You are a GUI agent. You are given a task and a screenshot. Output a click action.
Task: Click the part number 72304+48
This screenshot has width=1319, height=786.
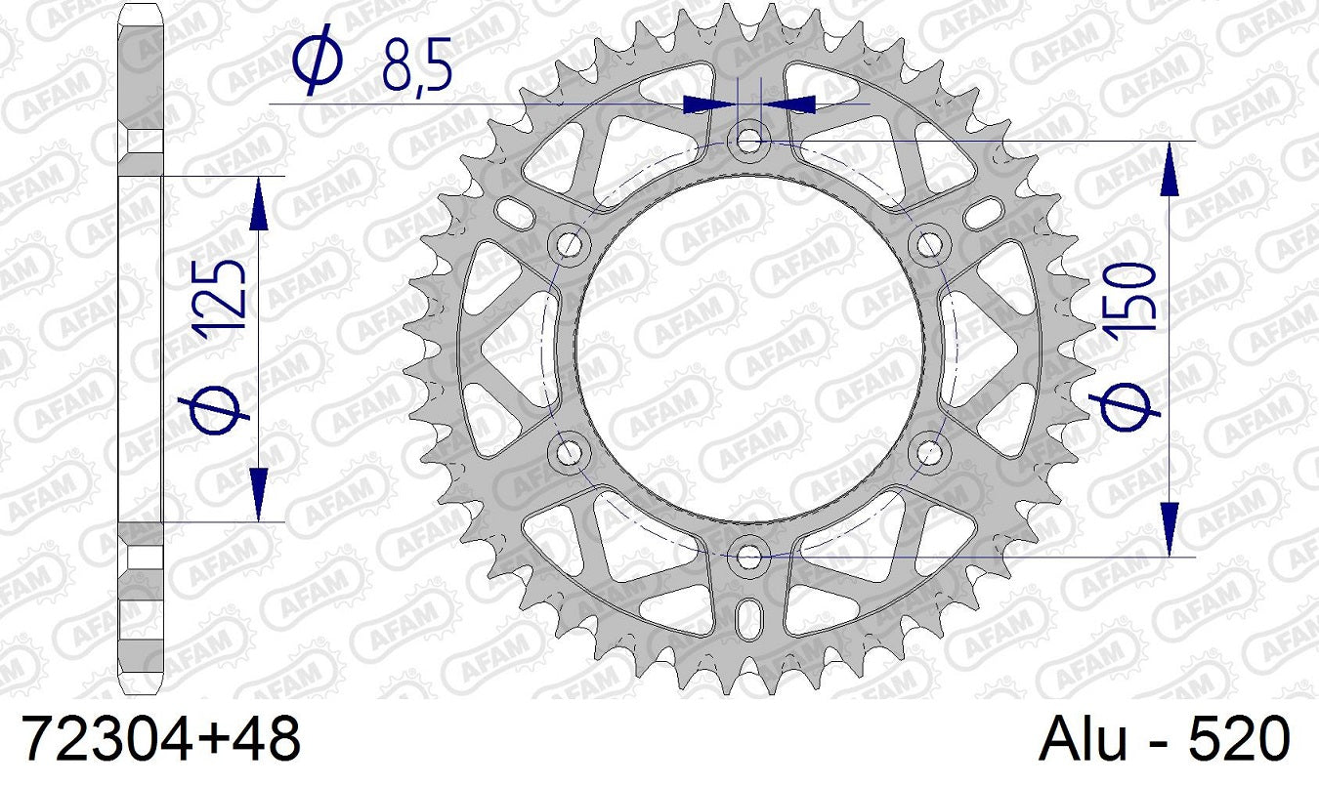(160, 737)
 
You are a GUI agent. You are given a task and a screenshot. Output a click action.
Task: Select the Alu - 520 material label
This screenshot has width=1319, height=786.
(1164, 737)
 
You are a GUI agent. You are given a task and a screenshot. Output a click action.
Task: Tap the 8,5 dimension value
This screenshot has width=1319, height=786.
(415, 70)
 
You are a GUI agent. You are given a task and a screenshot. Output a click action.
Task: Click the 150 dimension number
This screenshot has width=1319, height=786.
(1132, 298)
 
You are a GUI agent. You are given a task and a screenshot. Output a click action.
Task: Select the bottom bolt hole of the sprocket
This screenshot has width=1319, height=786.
(749, 557)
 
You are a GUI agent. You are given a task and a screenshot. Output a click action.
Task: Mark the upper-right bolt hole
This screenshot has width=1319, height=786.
(929, 242)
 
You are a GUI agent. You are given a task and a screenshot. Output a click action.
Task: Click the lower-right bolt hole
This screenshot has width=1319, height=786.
(929, 451)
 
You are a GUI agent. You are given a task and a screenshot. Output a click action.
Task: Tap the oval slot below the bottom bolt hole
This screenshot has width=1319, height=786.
(749, 617)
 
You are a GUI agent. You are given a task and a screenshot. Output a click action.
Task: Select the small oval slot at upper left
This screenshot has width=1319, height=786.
(511, 209)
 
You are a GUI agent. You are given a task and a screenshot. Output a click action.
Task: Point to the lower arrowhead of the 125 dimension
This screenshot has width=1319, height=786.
(259, 493)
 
